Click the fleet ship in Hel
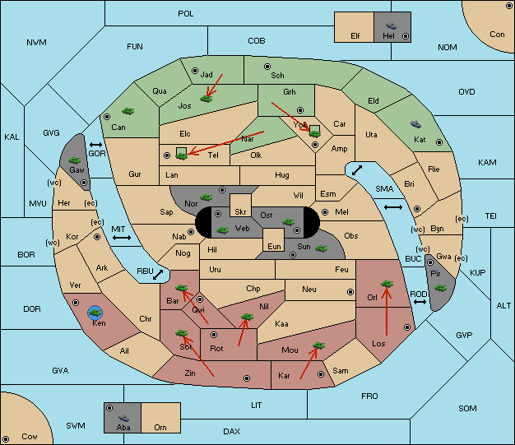pos(391,25)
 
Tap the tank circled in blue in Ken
pos(95,313)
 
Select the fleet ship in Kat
pos(415,124)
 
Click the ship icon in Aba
pos(123,418)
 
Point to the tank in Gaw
pos(75,160)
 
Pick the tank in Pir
pos(440,289)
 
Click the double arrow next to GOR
pos(96,145)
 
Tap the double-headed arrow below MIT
pos(122,238)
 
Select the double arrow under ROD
pos(420,302)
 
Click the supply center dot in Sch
pos(267,67)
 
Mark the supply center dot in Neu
pos(350,292)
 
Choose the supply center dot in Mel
pos(325,212)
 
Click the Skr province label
pos(240,212)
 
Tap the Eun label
pos(274,246)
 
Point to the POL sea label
pos(186,14)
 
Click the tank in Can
pos(128,111)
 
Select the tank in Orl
pos(387,284)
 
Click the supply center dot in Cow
pos(6,438)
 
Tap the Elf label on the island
pos(355,36)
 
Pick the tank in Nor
pos(206,197)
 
